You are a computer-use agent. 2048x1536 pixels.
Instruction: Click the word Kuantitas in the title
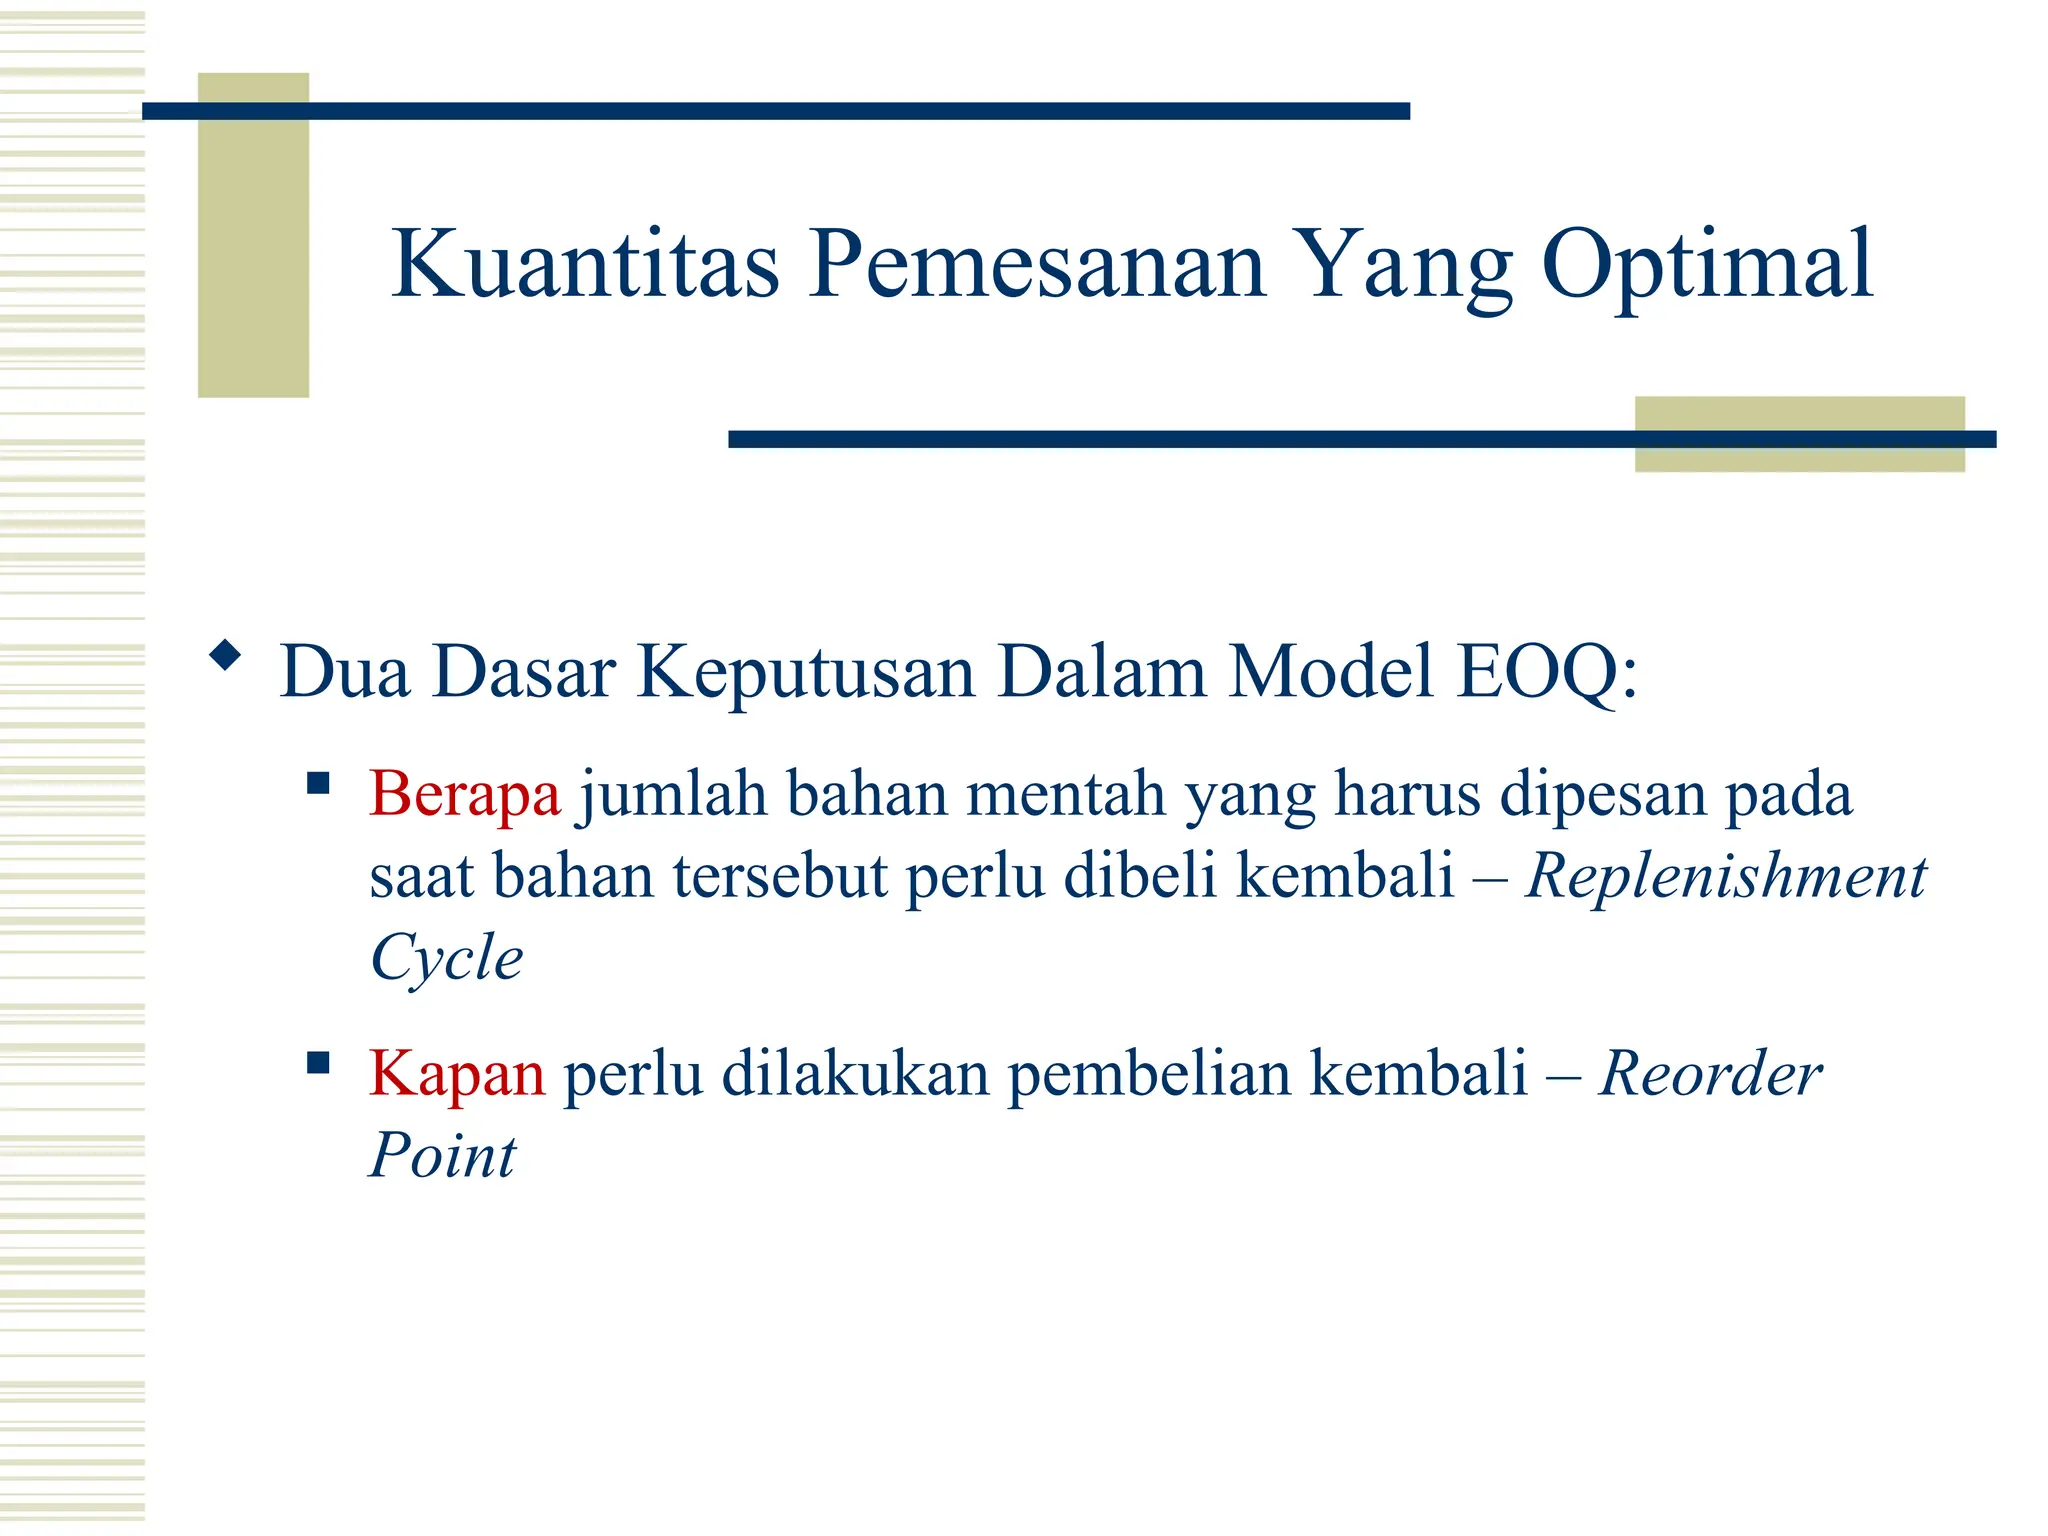pos(585,264)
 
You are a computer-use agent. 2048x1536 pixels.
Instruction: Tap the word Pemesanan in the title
pos(1038,264)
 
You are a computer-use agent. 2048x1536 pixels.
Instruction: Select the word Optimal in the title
pos(1706,266)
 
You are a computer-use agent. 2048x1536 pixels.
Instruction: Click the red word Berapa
pos(465,795)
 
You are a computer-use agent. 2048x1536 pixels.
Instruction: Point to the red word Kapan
pos(457,1074)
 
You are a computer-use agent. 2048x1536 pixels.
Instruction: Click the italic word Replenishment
pos(1725,877)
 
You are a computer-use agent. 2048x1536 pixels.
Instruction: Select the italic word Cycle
pos(446,958)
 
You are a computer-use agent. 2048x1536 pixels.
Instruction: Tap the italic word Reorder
pos(1710,1074)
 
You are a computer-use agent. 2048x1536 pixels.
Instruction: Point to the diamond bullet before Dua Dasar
pos(225,656)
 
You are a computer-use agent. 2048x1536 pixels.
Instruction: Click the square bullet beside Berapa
pos(318,782)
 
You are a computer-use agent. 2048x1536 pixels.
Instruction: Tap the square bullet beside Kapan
pos(318,1062)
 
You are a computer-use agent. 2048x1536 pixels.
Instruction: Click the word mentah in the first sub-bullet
pos(1066,795)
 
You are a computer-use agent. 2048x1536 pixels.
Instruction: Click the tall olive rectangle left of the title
pos(253,235)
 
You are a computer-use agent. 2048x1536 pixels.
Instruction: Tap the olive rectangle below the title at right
pos(1799,434)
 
